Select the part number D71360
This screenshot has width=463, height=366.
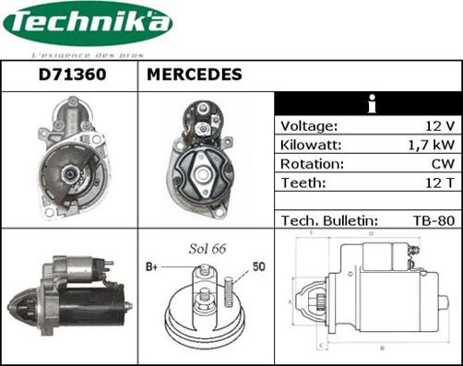pos(68,75)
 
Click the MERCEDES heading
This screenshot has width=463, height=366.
pos(195,75)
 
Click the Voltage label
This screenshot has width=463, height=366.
pos(309,125)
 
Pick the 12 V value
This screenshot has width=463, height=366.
pos(439,125)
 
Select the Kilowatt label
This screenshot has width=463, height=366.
pos(311,145)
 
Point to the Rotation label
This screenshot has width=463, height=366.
pos(312,164)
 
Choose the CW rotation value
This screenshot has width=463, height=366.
pos(441,164)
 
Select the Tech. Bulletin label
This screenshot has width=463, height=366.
pos(328,221)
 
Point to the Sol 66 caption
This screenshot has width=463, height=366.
pos(207,250)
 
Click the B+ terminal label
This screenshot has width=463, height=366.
pos(152,267)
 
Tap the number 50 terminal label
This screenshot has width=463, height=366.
pos(259,267)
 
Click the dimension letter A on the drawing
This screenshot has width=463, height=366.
pos(291,301)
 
